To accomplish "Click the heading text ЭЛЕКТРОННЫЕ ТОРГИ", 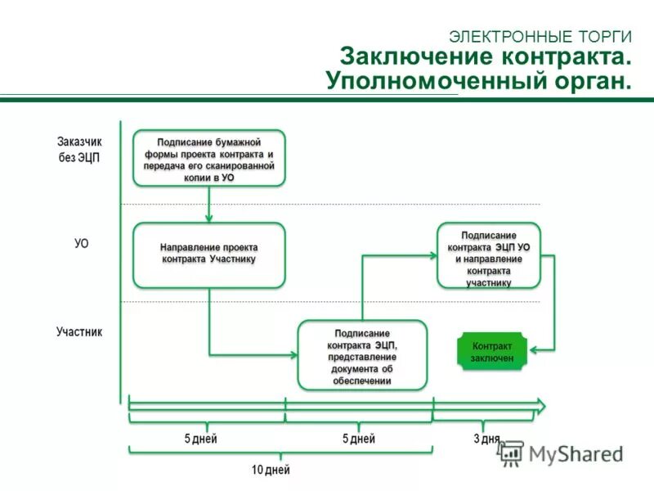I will click(540, 36).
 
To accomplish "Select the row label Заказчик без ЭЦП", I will click(79, 149).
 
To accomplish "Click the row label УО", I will click(82, 244).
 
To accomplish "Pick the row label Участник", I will click(79, 332).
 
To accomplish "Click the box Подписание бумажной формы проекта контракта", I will click(209, 158).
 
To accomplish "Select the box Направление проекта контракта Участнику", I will click(208, 254).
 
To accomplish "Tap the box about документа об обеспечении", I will click(362, 356).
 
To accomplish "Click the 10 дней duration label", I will click(270, 469).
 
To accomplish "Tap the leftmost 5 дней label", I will click(200, 439).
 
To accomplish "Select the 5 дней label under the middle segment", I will click(359, 439).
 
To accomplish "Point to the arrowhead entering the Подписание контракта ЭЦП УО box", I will click(432, 255).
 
